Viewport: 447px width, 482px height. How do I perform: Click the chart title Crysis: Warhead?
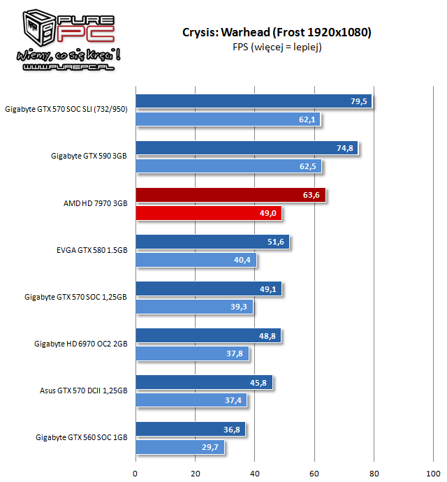(276, 33)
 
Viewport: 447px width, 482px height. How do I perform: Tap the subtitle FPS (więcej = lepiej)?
(276, 47)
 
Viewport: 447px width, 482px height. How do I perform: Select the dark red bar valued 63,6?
(230, 195)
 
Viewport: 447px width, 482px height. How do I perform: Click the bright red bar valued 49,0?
(208, 213)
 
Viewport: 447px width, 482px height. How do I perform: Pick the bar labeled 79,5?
(254, 101)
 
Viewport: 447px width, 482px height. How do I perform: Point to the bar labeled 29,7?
(179, 447)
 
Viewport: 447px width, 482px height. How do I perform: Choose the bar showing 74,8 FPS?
(247, 148)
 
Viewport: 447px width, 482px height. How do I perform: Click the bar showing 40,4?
(196, 260)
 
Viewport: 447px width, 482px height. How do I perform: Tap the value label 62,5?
(308, 166)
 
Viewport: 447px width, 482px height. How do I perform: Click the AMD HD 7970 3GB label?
(95, 203)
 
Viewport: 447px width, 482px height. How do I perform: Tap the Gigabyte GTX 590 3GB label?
(89, 156)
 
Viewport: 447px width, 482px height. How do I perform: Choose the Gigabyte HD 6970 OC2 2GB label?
(81, 344)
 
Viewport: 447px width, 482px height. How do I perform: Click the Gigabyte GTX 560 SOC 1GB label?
(82, 437)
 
